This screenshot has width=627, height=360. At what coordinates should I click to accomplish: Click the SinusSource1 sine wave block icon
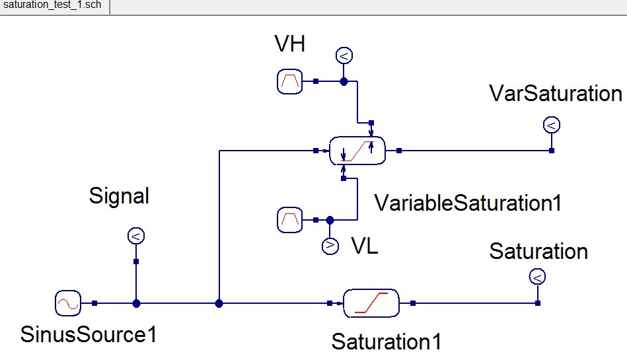(67, 303)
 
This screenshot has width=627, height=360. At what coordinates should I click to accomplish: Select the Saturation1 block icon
(371, 303)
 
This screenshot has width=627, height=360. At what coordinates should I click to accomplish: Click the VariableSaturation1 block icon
(357, 151)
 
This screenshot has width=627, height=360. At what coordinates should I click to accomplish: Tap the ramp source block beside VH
(289, 81)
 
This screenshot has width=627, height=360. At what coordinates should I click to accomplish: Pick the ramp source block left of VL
(289, 219)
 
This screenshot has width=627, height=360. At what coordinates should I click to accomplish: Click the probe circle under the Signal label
(135, 236)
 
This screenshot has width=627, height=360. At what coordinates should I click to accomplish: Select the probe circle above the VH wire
(344, 56)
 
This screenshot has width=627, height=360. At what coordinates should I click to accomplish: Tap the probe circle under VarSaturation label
(551, 124)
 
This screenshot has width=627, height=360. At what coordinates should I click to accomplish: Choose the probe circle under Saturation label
(537, 277)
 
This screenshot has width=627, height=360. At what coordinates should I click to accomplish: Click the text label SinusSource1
(89, 335)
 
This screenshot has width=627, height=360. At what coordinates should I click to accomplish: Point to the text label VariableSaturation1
(468, 203)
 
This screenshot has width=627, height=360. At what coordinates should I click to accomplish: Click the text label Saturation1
(387, 342)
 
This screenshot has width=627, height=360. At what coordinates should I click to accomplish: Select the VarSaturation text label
(556, 94)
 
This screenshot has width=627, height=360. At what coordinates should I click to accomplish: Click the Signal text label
(119, 196)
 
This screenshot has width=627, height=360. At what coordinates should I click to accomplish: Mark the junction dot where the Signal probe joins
(136, 303)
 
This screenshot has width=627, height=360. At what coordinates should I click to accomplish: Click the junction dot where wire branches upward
(219, 303)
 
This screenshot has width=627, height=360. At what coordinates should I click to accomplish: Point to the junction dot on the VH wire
(344, 81)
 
